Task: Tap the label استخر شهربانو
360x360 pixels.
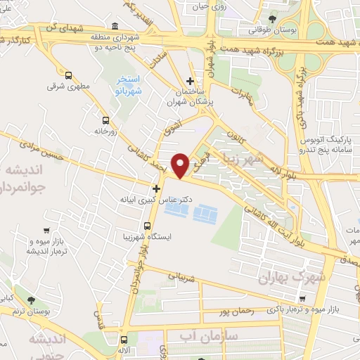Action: (128, 85)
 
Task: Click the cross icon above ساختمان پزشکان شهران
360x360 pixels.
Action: (190, 81)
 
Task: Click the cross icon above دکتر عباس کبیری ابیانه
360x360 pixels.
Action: (156, 188)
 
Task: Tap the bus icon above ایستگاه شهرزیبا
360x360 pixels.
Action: (147, 226)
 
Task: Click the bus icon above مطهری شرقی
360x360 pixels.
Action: (68, 76)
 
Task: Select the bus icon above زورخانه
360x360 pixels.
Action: (105, 120)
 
